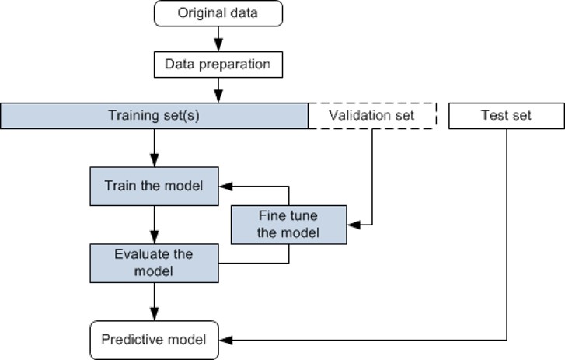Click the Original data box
(x=218, y=13)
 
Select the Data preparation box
(x=218, y=65)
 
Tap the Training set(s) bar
(x=154, y=116)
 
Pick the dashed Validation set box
(x=372, y=116)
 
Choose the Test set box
(x=507, y=116)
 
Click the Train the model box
(x=154, y=187)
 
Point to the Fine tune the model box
(x=288, y=225)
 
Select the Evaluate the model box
(x=154, y=263)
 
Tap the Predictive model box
(x=154, y=341)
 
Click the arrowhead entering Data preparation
(x=218, y=44)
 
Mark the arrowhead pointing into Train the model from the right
(x=226, y=187)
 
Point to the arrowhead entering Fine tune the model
(x=354, y=225)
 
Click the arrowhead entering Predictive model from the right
(x=226, y=341)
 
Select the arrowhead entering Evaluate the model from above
(x=154, y=237)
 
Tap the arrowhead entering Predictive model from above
(x=154, y=314)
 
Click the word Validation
(x=352, y=115)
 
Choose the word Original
(x=197, y=13)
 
